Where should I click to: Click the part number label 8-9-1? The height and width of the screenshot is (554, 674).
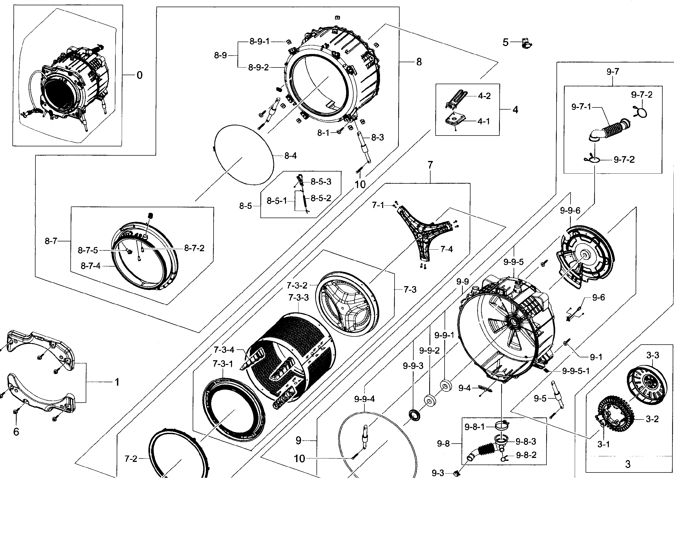[x=259, y=42]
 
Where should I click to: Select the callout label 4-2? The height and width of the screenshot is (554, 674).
[x=484, y=96]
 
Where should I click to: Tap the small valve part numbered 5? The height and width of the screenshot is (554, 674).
[x=526, y=43]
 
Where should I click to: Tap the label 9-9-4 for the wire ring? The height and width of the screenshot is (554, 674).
[x=364, y=399]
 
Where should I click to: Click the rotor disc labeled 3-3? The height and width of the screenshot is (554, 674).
[x=646, y=386]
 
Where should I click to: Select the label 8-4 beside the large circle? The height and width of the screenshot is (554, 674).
[x=290, y=156]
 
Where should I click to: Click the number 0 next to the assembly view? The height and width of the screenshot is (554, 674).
[x=139, y=75]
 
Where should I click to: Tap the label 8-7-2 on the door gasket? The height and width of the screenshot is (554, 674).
[x=194, y=248]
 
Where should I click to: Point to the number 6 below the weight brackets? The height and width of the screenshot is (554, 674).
[x=16, y=432]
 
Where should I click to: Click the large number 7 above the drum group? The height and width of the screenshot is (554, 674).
[x=430, y=165]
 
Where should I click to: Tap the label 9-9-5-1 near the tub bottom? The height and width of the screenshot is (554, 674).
[x=576, y=371]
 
